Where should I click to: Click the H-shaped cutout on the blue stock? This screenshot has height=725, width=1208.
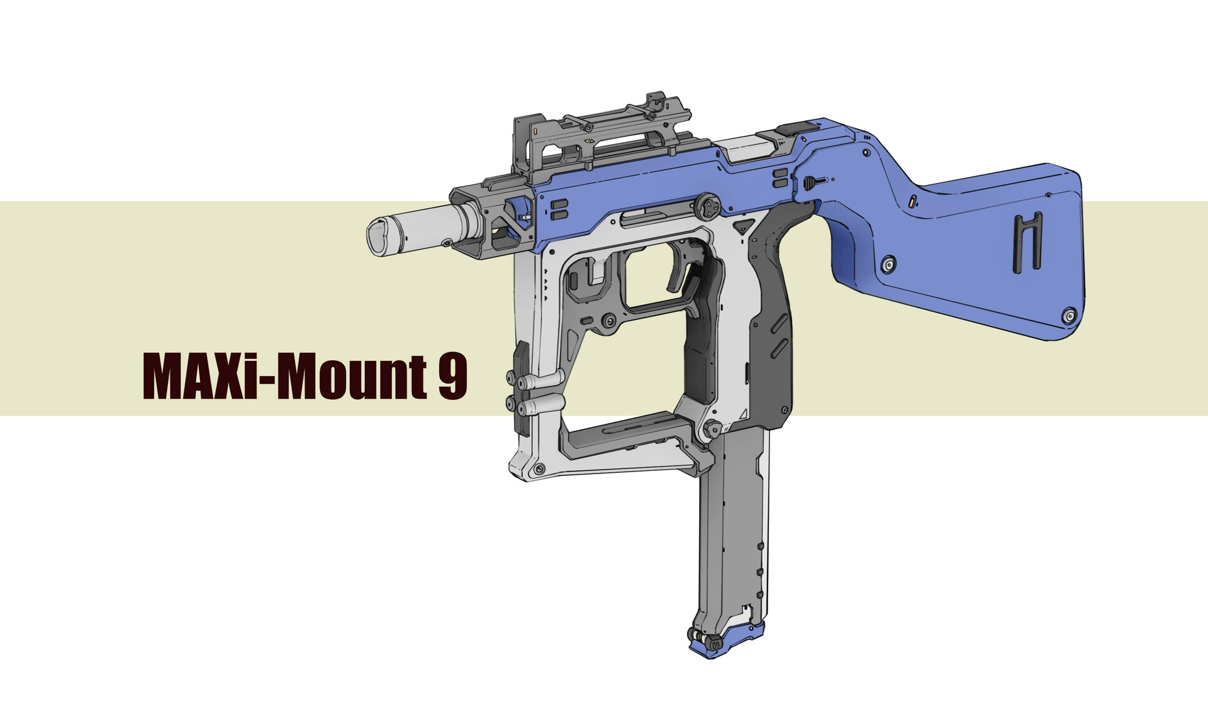pyautogui.click(x=1027, y=242)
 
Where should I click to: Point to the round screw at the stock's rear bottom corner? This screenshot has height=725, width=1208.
pyautogui.click(x=1069, y=316)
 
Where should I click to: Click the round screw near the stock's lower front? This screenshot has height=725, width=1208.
pyautogui.click(x=888, y=265)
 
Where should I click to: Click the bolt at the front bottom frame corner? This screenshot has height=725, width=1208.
pyautogui.click(x=539, y=470)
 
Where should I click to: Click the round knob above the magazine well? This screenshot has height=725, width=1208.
pyautogui.click(x=712, y=430)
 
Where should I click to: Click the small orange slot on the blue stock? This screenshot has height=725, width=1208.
pyautogui.click(x=912, y=202)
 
